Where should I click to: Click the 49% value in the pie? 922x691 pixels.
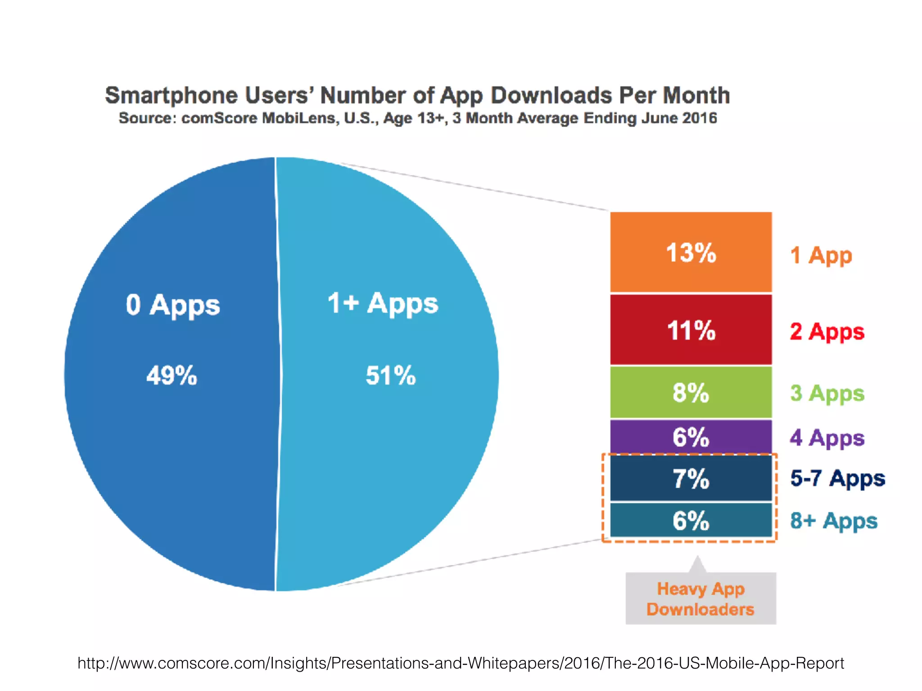click(x=172, y=375)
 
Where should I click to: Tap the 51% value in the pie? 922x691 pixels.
click(x=390, y=375)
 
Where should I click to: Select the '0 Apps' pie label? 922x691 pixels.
click(x=173, y=305)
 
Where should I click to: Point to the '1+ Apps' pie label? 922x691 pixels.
click(x=383, y=304)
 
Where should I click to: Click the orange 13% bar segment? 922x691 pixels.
click(x=691, y=252)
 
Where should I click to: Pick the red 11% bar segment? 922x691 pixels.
click(x=691, y=330)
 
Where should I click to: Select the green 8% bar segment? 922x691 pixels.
click(x=691, y=392)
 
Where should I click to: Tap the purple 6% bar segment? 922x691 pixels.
click(x=691, y=436)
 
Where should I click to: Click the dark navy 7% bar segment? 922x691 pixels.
click(x=691, y=478)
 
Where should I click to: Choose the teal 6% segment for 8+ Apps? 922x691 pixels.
click(x=691, y=520)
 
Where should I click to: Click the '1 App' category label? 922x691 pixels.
click(x=821, y=256)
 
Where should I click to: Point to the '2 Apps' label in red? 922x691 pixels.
click(x=827, y=332)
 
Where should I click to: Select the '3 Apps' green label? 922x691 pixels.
click(x=827, y=394)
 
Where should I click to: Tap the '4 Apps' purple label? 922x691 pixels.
click(x=827, y=438)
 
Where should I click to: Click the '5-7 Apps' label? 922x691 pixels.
click(x=837, y=478)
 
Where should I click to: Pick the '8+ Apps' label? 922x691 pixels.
click(x=834, y=521)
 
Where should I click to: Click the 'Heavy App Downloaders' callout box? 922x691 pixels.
click(x=701, y=599)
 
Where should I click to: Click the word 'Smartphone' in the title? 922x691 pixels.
click(x=171, y=96)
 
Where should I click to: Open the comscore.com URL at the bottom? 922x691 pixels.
click(x=461, y=663)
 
